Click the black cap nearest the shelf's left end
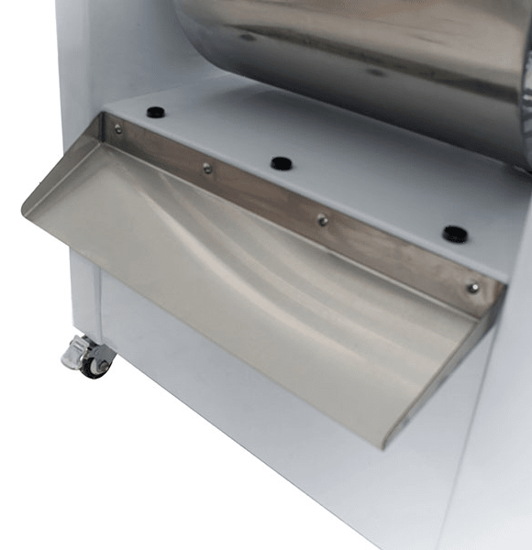pos(155,112)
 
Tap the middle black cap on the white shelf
pos(281,164)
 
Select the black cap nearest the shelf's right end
pos(454,234)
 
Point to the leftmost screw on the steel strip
pos(117,129)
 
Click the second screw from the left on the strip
pos(207,168)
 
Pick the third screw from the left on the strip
pos(322,219)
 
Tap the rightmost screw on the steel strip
pos(471,288)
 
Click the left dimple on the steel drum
pos(248,38)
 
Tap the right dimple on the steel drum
pos(375,72)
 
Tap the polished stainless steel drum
pos(367,46)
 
